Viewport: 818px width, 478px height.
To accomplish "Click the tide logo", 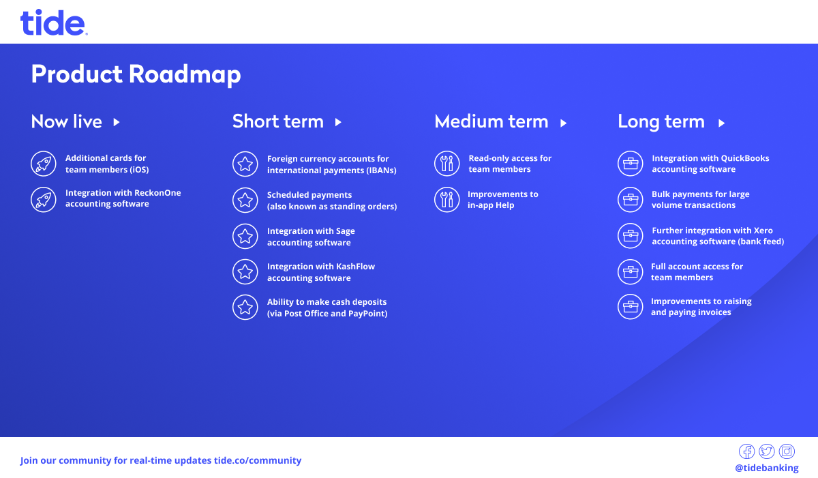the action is tap(54, 23).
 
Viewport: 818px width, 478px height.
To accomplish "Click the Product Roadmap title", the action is tap(136, 74).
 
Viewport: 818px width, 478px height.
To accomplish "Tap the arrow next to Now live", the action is tap(117, 122).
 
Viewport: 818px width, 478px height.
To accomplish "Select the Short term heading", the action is tap(278, 121).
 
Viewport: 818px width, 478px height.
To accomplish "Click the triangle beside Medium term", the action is tap(564, 123).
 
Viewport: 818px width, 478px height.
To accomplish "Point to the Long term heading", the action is tap(661, 122).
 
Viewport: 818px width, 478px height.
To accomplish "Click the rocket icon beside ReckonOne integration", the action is tap(44, 200).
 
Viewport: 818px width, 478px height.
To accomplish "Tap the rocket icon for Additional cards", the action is tap(44, 164).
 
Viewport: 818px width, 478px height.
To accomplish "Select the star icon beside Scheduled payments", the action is tap(245, 200).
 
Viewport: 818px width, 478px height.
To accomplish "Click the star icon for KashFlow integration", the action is tap(245, 271).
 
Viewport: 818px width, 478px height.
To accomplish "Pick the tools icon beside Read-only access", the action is tap(446, 164).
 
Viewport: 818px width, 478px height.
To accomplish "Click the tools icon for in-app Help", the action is tap(446, 199).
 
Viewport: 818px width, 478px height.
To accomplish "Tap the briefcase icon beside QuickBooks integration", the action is tap(631, 164).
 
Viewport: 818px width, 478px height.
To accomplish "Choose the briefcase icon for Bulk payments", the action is tap(631, 199).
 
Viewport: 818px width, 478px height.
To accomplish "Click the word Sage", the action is tap(346, 232).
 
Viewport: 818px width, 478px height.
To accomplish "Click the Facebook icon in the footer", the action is tap(747, 451).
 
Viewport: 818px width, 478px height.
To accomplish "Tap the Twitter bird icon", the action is tap(766, 451).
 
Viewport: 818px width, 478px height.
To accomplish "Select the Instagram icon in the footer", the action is tap(787, 451).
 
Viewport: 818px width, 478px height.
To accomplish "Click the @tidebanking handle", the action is tap(766, 468).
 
